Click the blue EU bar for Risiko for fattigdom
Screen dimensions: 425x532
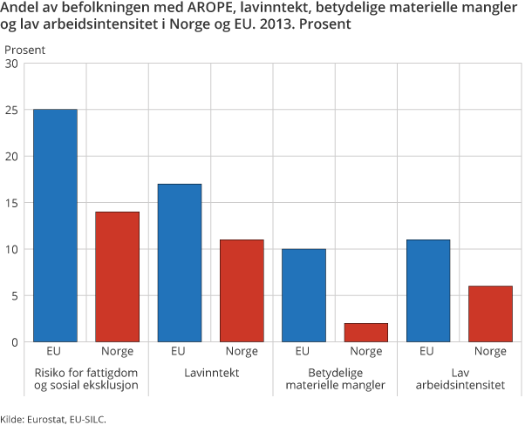pyautogui.click(x=54, y=226)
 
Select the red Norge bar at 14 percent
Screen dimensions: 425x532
pyautogui.click(x=117, y=277)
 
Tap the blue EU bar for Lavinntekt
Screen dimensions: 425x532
pyautogui.click(x=179, y=263)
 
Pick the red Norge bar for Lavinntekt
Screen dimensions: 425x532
pyautogui.click(x=242, y=291)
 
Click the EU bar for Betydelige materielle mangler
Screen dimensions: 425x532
pyautogui.click(x=304, y=295)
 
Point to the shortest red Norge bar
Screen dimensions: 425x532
pyautogui.click(x=365, y=333)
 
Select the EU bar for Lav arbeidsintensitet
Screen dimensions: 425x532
pyautogui.click(x=427, y=291)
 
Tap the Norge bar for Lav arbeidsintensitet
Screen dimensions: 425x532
pyautogui.click(x=490, y=314)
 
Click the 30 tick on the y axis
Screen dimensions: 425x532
pyautogui.click(x=11, y=64)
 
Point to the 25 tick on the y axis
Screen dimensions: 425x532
pyautogui.click(x=11, y=111)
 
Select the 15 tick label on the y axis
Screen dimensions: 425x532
pyautogui.click(x=11, y=203)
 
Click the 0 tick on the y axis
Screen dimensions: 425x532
pyautogui.click(x=15, y=342)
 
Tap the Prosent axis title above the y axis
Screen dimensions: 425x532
pyautogui.click(x=25, y=49)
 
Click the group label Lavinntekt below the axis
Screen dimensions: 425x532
pyautogui.click(x=210, y=372)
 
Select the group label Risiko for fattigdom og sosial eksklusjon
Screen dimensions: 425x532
pyautogui.click(x=85, y=378)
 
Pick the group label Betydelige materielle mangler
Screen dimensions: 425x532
pyautogui.click(x=335, y=378)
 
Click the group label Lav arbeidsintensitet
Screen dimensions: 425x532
pyautogui.click(x=459, y=378)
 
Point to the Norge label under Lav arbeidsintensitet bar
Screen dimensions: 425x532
pyautogui.click(x=490, y=352)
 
